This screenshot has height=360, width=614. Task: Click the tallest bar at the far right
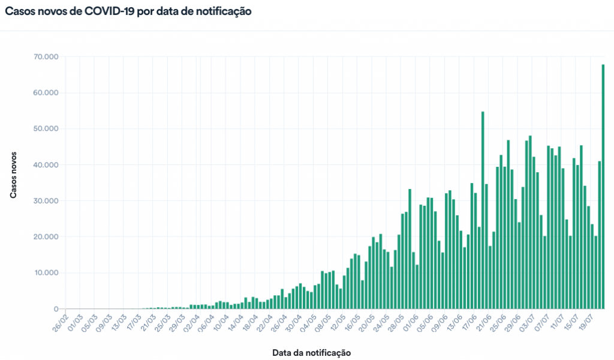(x=603, y=186)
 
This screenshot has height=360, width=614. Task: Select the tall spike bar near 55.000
(x=483, y=210)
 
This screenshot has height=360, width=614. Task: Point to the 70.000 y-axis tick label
(x=46, y=57)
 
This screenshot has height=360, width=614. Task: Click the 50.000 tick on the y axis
(x=46, y=129)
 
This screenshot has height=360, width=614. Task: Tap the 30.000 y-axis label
(x=46, y=201)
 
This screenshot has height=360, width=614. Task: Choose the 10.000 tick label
(x=46, y=273)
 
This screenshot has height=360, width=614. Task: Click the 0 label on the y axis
(x=56, y=309)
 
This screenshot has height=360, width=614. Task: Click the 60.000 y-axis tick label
(x=46, y=93)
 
